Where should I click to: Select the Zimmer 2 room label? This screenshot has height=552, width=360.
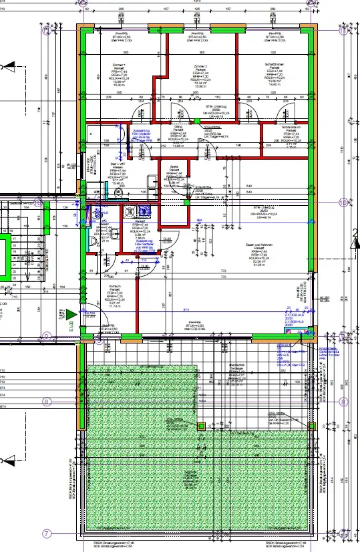(200, 67)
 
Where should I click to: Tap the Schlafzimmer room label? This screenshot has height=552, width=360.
(274, 67)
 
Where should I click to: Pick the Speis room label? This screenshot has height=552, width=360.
(174, 167)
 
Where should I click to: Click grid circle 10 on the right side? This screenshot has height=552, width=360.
(343, 202)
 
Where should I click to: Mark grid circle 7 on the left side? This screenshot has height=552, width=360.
(46, 533)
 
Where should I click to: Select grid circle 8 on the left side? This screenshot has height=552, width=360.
(46, 402)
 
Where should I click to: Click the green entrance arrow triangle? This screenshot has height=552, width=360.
(69, 313)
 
